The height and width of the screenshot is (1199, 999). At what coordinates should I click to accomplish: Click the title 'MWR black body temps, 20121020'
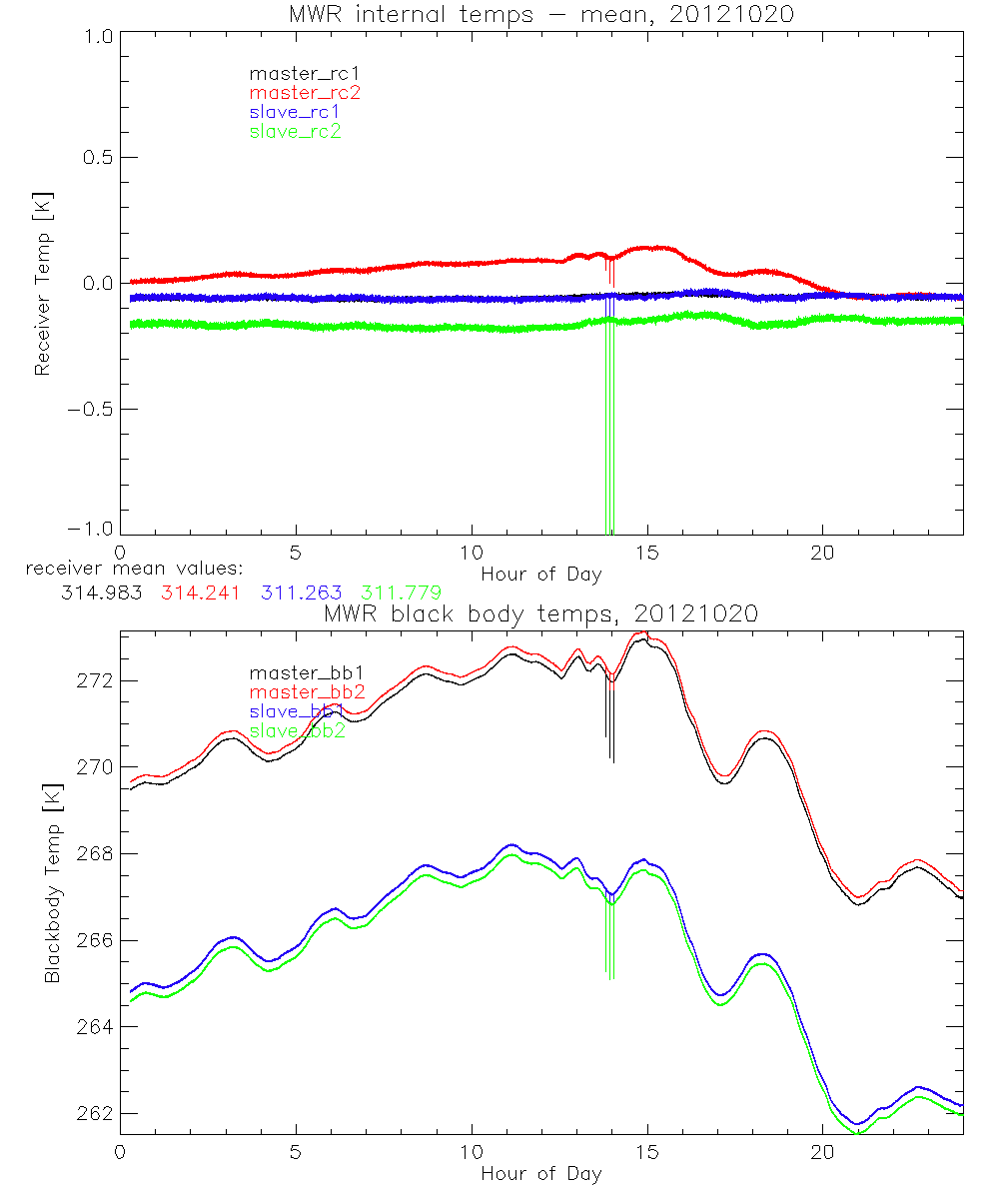(x=540, y=614)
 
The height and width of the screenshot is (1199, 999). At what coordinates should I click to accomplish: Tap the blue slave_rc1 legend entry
(x=295, y=112)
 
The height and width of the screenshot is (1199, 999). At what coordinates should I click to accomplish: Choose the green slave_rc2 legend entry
(x=295, y=131)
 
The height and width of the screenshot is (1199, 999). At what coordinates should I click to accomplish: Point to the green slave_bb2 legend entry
(x=297, y=730)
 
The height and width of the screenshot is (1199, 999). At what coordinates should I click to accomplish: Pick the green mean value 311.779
(x=401, y=593)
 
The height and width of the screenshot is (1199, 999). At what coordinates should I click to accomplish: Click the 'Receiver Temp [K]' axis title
(x=42, y=284)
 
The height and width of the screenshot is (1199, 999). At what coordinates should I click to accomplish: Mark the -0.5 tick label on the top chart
(x=90, y=409)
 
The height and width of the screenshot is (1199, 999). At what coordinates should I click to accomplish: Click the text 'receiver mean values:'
(x=127, y=570)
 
